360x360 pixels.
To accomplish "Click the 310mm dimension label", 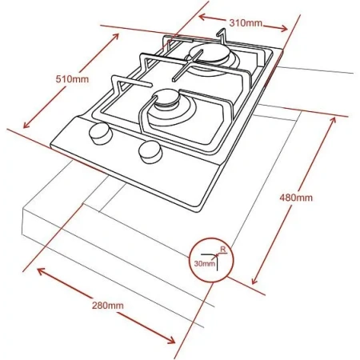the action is tap(246, 23).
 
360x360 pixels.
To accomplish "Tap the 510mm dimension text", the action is tap(72, 79).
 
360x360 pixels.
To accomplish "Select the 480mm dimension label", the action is tap(296, 198).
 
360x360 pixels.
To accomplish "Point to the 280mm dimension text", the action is tap(108, 306).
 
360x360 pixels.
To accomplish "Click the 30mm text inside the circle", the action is tap(205, 264).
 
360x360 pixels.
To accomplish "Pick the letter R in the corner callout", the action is tap(223, 250).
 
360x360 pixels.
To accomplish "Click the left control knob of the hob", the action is tap(100, 134).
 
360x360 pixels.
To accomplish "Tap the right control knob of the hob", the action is tap(150, 152).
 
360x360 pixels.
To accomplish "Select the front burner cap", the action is tap(167, 98).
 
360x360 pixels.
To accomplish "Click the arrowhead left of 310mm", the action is tap(202, 17).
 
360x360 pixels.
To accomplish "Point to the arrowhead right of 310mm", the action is tap(283, 28).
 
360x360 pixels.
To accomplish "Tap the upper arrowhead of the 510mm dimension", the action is tap(116, 37).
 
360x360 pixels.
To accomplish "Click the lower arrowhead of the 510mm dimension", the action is tap(26, 125).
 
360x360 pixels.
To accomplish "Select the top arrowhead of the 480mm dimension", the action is tap(332, 121).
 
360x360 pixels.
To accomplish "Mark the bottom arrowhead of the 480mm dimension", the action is tap(255, 280).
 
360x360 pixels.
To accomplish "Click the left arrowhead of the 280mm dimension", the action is tap(41, 271).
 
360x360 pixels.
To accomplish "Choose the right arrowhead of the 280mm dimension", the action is tap(171, 340).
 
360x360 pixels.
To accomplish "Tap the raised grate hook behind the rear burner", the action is tap(222, 36).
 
